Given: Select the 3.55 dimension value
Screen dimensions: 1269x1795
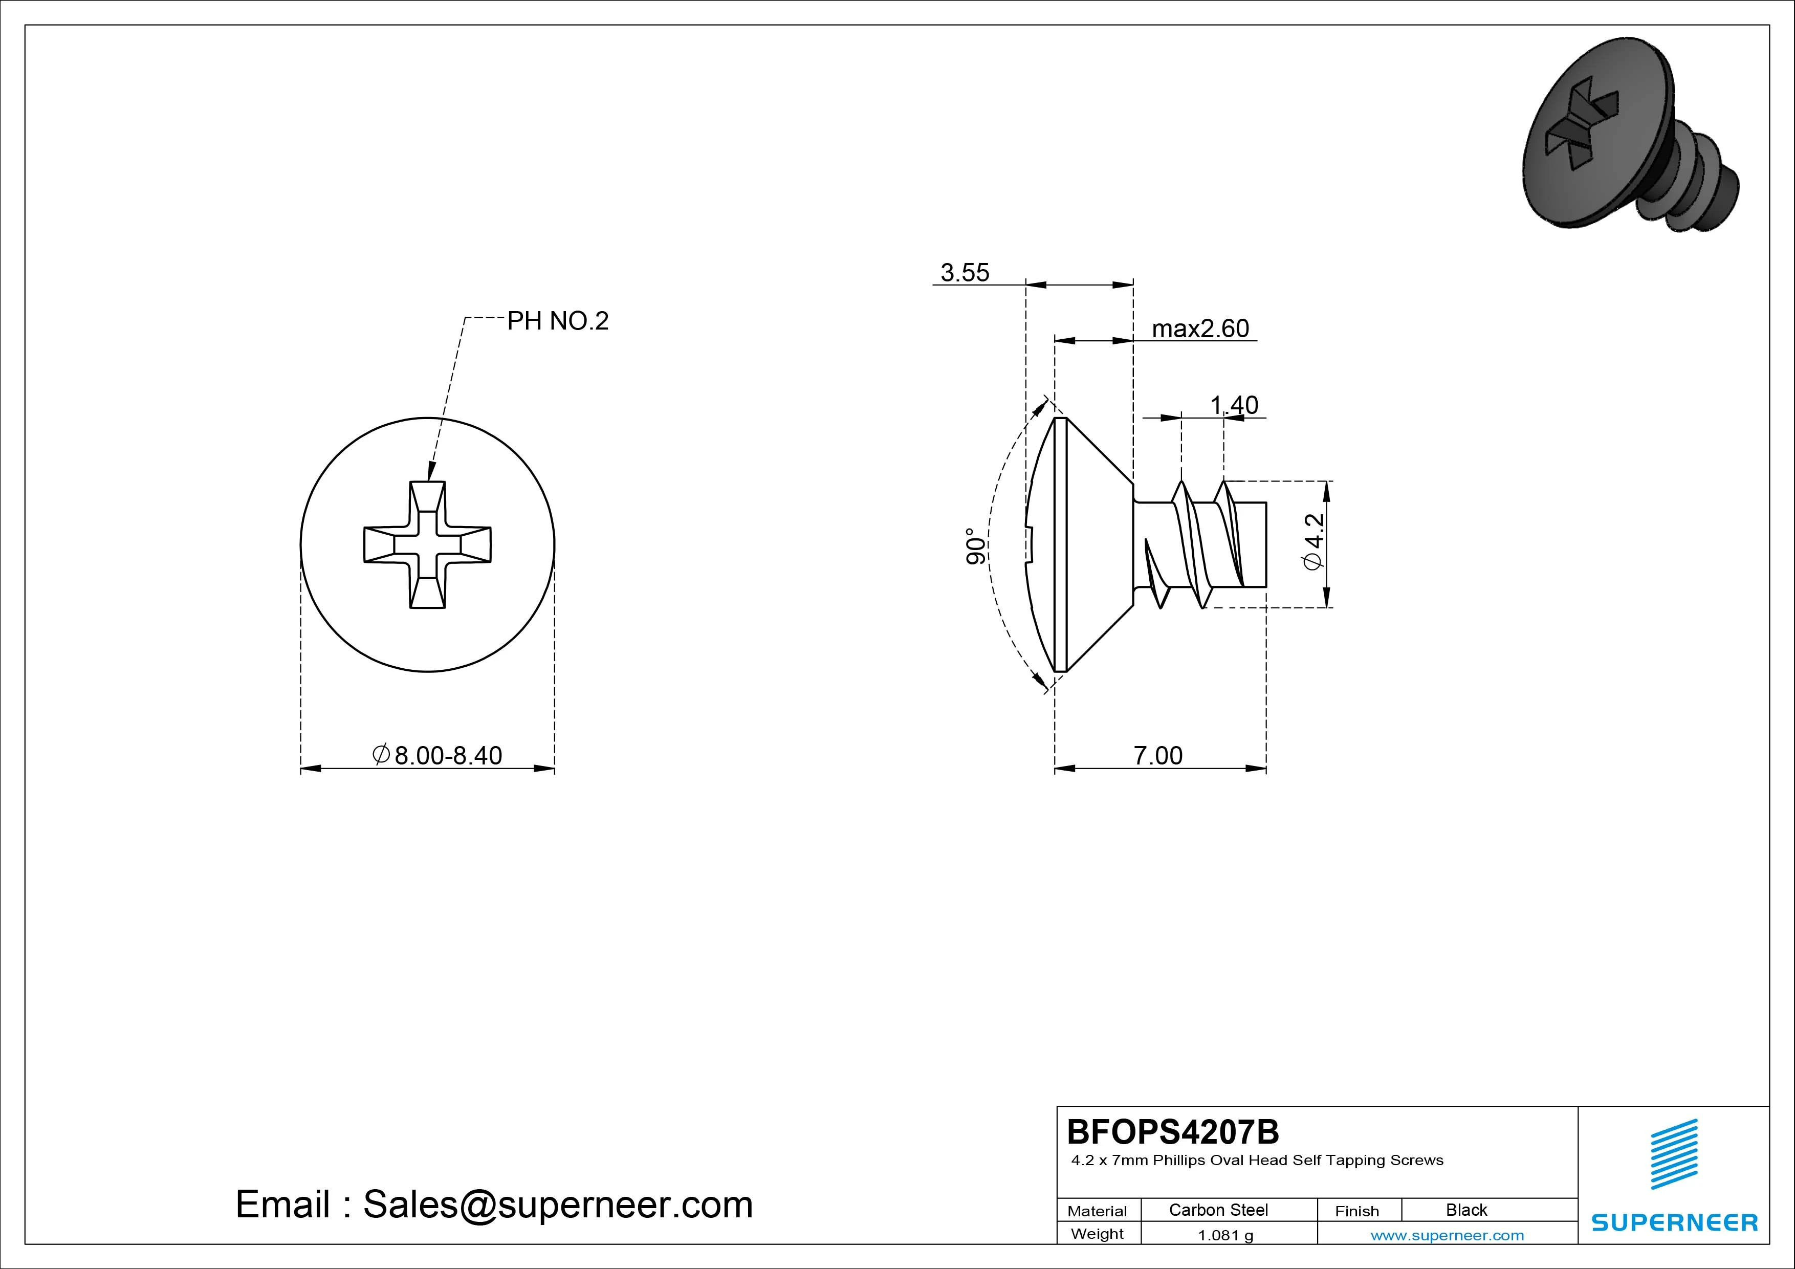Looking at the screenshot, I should (965, 273).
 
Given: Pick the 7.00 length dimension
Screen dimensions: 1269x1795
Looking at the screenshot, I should (1158, 755).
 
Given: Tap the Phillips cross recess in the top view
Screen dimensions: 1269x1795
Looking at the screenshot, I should (428, 544).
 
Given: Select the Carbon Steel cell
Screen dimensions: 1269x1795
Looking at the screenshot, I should (1218, 1210).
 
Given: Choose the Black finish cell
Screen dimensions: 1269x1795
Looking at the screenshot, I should (1466, 1210).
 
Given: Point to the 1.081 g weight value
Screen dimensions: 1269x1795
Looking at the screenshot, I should (1225, 1235).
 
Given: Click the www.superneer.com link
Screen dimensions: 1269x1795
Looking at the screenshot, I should (1447, 1235).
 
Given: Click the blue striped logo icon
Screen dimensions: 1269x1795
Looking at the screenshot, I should (1674, 1154).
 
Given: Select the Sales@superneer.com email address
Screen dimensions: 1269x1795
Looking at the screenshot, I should (557, 1205).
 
